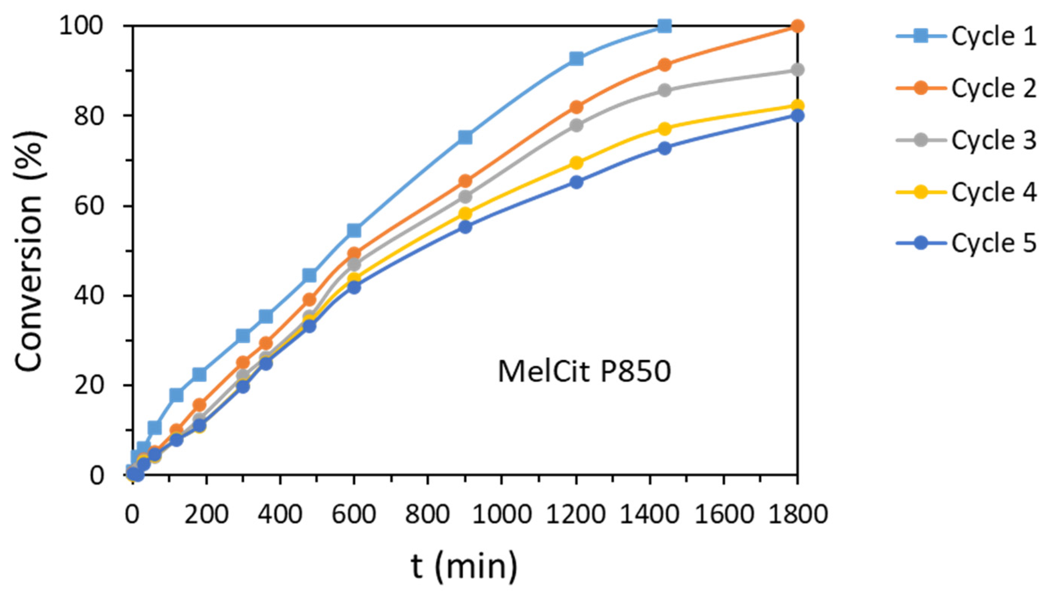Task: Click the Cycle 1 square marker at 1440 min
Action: point(664,26)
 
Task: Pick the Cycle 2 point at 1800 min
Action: point(797,26)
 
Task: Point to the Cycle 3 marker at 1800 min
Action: point(797,70)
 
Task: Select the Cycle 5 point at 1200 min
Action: point(576,182)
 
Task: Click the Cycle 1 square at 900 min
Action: point(465,137)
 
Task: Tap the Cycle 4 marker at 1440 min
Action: point(664,129)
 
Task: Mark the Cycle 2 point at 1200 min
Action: point(576,107)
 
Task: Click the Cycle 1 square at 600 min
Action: point(354,230)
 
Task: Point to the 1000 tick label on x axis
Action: point(502,516)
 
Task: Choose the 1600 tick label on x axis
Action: point(724,516)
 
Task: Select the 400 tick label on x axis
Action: point(280,516)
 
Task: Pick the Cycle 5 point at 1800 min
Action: point(797,116)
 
